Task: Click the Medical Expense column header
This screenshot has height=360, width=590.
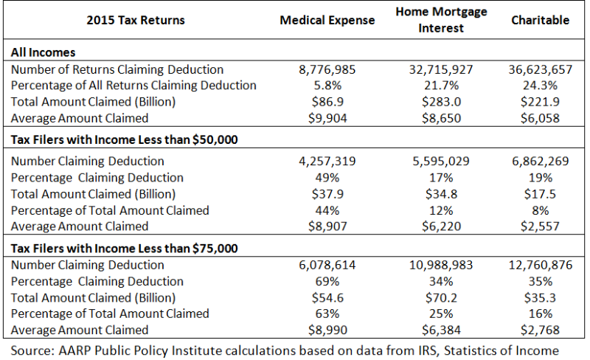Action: click(x=327, y=20)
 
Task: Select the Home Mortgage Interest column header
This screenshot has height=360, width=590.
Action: click(x=441, y=20)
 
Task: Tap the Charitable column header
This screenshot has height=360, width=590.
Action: click(x=541, y=20)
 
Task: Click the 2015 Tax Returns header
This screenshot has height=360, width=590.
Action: click(x=136, y=20)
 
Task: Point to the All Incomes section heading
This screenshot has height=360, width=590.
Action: click(x=44, y=52)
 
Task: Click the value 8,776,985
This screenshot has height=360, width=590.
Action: click(x=327, y=69)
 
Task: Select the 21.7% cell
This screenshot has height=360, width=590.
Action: click(x=441, y=86)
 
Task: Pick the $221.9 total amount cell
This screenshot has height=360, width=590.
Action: click(x=541, y=102)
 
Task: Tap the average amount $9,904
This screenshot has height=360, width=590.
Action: click(x=327, y=118)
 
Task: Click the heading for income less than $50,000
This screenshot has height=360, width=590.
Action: click(x=124, y=139)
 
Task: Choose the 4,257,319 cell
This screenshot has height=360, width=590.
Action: click(x=327, y=161)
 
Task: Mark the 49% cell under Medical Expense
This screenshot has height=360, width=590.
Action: click(x=327, y=178)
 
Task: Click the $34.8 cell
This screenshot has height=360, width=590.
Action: click(x=441, y=194)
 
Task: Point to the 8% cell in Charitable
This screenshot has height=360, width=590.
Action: click(x=541, y=210)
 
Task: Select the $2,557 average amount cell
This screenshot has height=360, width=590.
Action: click(x=541, y=226)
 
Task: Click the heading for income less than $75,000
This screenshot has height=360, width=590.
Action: click(x=124, y=249)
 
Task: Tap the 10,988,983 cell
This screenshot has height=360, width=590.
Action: click(x=441, y=265)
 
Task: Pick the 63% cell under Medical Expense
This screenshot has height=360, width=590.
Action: click(x=327, y=314)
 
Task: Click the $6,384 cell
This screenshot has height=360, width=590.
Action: click(x=441, y=330)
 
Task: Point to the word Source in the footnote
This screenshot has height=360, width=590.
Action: click(x=32, y=351)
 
